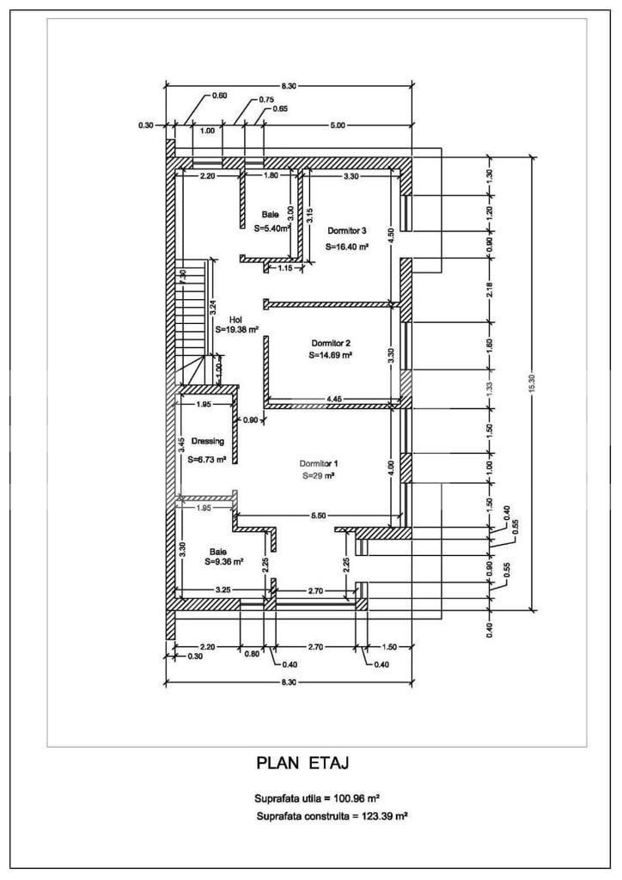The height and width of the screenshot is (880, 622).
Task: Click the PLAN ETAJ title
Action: pyautogui.click(x=303, y=763)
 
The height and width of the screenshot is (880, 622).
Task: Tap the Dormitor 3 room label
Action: pyautogui.click(x=347, y=230)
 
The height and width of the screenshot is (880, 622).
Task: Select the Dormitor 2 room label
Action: pyautogui.click(x=331, y=343)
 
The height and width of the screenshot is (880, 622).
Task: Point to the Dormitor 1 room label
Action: pyautogui.click(x=319, y=463)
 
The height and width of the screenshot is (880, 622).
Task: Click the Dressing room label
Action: pyautogui.click(x=208, y=441)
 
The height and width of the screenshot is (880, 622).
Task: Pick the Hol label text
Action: pyautogui.click(x=235, y=320)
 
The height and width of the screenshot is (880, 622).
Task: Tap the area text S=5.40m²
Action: pyautogui.click(x=272, y=229)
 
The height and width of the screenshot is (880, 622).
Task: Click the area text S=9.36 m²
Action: pyautogui.click(x=223, y=561)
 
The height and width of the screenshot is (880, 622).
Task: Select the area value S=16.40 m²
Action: pyautogui.click(x=347, y=246)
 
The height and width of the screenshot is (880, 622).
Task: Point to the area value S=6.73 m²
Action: pyautogui.click(x=208, y=459)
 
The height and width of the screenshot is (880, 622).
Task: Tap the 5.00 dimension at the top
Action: pyautogui.click(x=338, y=125)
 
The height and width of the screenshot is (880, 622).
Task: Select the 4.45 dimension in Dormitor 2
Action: pyautogui.click(x=334, y=399)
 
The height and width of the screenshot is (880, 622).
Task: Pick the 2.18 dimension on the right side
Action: pyautogui.click(x=490, y=290)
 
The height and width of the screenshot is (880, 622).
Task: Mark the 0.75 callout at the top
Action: pyautogui.click(x=266, y=100)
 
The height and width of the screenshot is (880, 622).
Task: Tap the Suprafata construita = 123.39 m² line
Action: pyautogui.click(x=332, y=816)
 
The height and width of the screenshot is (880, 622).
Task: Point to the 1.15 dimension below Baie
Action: pyautogui.click(x=285, y=269)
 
